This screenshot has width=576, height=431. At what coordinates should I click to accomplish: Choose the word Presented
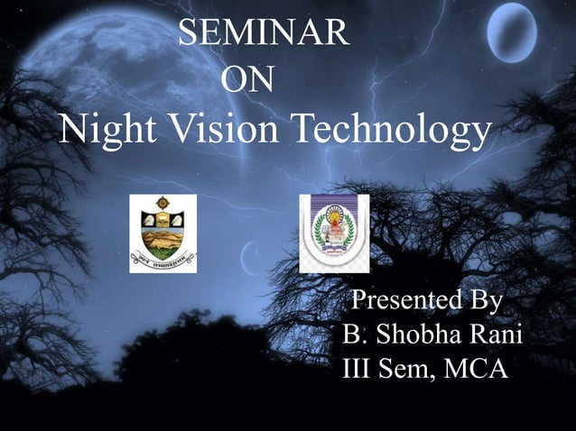point(401,300)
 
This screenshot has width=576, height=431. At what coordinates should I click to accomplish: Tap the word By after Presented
point(481,300)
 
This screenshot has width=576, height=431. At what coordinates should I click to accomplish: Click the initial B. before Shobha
point(354,335)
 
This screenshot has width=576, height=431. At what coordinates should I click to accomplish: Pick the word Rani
point(499,335)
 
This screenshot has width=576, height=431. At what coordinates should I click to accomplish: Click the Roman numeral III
point(358,369)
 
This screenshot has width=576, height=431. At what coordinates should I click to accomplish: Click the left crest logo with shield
point(163,233)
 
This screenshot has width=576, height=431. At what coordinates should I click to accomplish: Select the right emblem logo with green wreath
point(334,234)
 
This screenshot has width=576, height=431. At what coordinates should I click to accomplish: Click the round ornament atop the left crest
point(163,203)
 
